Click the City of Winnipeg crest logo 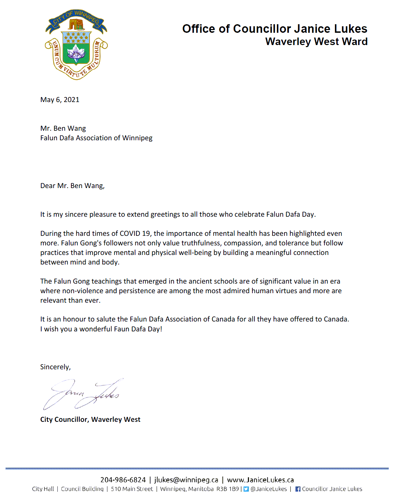click(x=76, y=45)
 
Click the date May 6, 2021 click(x=60, y=100)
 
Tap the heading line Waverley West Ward click(x=316, y=42)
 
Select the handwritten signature click(x=82, y=394)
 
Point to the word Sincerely click(x=55, y=367)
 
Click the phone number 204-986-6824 click(x=123, y=480)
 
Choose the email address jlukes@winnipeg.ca click(x=186, y=480)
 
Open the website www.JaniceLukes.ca click(x=260, y=480)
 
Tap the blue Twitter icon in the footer click(x=246, y=489)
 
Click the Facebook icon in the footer click(x=298, y=489)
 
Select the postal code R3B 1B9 click(x=228, y=489)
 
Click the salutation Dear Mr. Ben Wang click(x=72, y=186)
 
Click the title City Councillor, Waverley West click(x=90, y=419)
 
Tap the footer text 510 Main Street click(x=132, y=489)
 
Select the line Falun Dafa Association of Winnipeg click(x=96, y=138)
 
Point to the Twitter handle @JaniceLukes click(x=269, y=489)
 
